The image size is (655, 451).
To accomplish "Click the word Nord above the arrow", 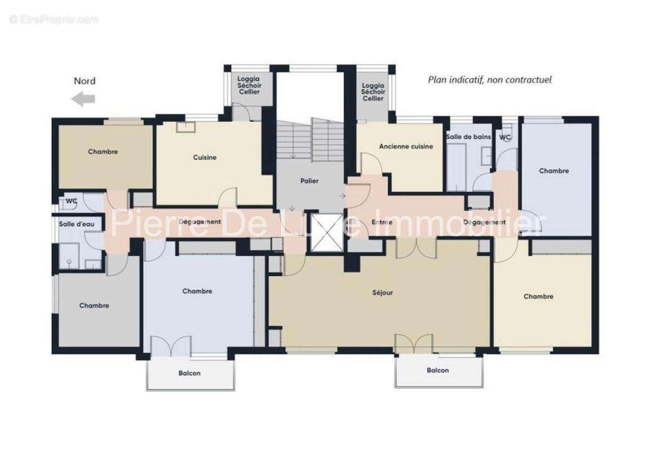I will click(85, 81).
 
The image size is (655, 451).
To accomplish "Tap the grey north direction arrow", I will click(83, 100).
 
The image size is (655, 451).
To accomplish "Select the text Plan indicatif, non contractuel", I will click(489, 79).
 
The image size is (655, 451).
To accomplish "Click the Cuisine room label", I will click(205, 157).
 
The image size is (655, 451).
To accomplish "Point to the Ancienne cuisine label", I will click(406, 146).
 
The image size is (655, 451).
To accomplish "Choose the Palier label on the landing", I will click(309, 181).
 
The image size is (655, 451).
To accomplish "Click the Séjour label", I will click(383, 293).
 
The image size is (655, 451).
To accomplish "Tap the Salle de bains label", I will click(468, 137).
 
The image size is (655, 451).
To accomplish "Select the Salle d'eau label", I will click(76, 224).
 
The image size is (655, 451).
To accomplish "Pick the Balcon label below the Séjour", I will click(437, 370).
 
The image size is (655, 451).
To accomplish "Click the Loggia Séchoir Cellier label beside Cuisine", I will click(249, 85).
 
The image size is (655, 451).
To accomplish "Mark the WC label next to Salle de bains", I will click(505, 137).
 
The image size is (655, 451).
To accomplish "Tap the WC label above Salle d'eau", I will click(72, 201).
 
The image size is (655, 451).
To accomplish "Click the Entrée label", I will click(382, 222).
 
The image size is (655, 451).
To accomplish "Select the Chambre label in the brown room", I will click(103, 151).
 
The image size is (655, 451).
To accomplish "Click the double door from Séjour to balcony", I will click(414, 344).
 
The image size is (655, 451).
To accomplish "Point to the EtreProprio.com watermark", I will click(54, 20).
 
